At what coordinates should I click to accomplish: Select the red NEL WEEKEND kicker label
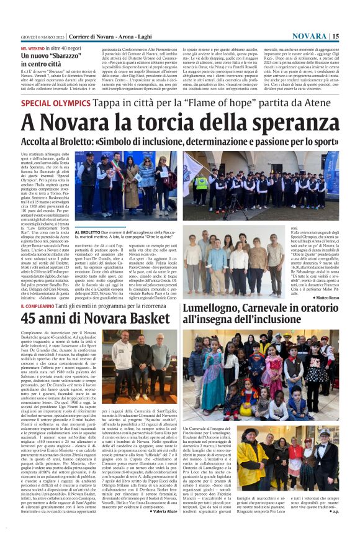coord(33,47)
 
